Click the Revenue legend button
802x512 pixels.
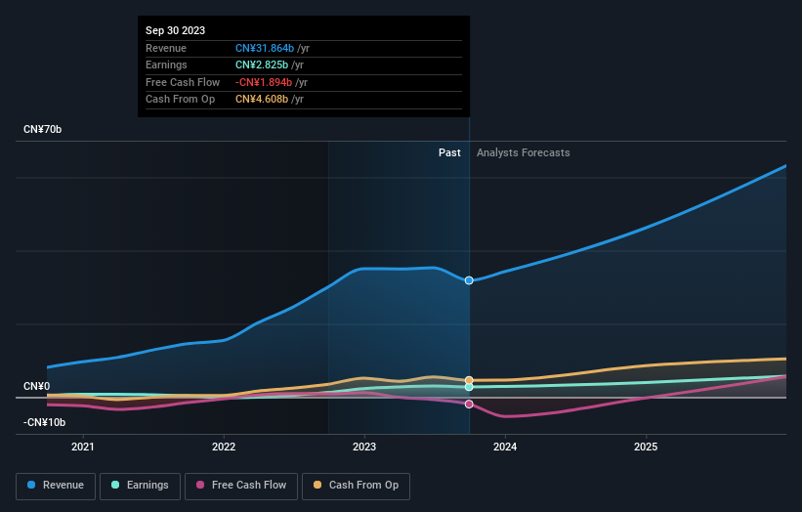click(x=56, y=485)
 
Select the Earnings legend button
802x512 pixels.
click(x=140, y=485)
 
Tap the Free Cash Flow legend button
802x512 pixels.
click(x=241, y=485)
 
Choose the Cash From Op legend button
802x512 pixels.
click(x=356, y=485)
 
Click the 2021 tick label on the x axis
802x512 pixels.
click(x=84, y=448)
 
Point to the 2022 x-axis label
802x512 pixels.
click(x=224, y=448)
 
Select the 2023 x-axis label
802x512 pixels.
click(x=364, y=448)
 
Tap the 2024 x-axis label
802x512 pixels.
click(x=505, y=448)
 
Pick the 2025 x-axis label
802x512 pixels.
click(x=646, y=448)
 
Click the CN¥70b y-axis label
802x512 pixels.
click(x=43, y=129)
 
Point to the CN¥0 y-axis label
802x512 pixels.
click(x=37, y=387)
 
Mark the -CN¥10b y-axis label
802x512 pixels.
click(x=45, y=422)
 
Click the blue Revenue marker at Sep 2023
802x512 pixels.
click(x=469, y=280)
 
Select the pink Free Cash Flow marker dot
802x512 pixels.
click(x=469, y=404)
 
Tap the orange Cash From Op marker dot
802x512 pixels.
click(x=469, y=380)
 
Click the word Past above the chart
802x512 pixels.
click(x=449, y=152)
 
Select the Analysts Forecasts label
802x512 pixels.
click(x=523, y=152)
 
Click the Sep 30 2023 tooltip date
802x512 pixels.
click(x=176, y=31)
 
